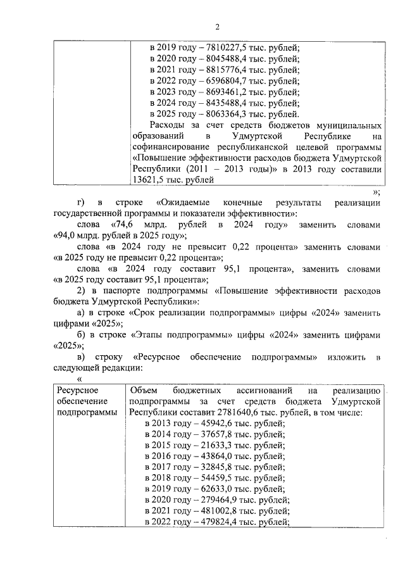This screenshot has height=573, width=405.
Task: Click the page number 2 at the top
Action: (216, 26)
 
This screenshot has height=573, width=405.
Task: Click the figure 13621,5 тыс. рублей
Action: (152, 180)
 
